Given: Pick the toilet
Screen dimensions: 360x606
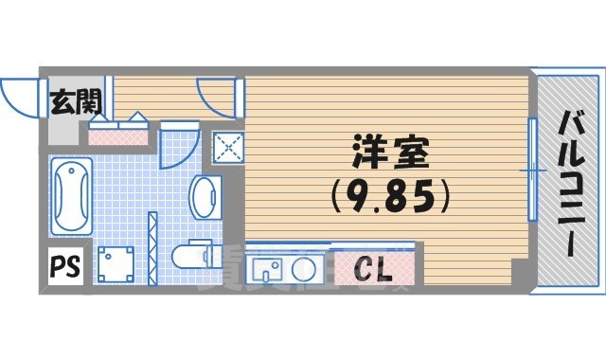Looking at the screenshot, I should click(x=193, y=256).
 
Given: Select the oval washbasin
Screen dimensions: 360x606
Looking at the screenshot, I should click(x=204, y=197).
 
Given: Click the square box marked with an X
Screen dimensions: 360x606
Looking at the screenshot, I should click(x=227, y=148).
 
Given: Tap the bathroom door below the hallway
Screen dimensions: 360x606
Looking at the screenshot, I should click(x=177, y=147).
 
